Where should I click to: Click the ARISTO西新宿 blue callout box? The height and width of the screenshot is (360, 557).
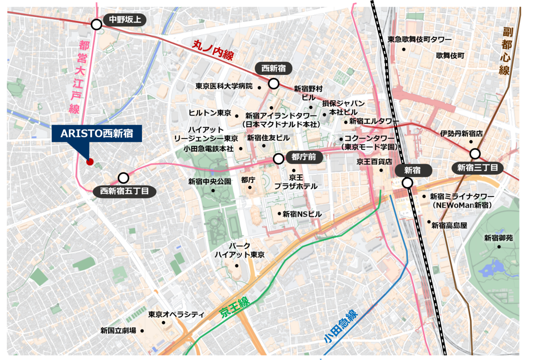97,134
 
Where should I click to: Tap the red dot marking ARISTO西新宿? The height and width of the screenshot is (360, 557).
90,162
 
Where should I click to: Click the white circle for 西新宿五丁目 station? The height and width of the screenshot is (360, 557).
123,178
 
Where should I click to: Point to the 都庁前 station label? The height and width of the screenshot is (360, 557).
304,157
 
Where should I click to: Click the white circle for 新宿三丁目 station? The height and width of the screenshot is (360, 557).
475,154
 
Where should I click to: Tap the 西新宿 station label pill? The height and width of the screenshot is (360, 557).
273,69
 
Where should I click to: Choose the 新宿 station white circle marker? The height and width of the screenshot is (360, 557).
408,183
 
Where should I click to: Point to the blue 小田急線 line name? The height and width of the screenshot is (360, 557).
341,327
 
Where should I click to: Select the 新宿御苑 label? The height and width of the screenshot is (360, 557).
499,238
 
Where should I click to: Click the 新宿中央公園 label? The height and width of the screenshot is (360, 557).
209,182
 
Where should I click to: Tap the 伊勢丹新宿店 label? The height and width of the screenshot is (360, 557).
462,133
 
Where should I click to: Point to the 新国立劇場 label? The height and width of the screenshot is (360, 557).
118,331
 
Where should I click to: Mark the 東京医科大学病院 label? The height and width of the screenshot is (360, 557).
224,86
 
